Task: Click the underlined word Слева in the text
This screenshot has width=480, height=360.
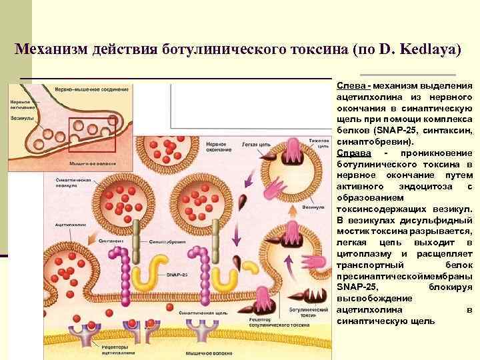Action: point(350,86)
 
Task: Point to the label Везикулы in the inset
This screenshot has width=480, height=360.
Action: point(23,123)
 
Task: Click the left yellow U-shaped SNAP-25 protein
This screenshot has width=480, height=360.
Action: point(147,273)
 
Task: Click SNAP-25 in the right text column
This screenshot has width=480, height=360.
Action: point(352,287)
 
